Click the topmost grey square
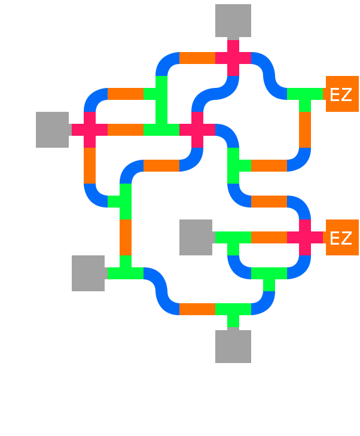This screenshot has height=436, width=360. pyautogui.click(x=233, y=21)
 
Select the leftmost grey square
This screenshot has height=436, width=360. pyautogui.click(x=53, y=129)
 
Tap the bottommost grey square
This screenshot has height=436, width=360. pyautogui.click(x=233, y=346)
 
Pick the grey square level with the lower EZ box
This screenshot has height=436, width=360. pyautogui.click(x=196, y=237)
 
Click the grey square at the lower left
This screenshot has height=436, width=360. pyautogui.click(x=89, y=273)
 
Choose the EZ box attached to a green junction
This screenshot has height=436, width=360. pyautogui.click(x=341, y=94)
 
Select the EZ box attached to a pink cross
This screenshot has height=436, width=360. pyautogui.click(x=341, y=237)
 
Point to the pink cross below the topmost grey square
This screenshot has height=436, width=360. pyautogui.click(x=233, y=58)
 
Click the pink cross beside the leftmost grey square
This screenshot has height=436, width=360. pyautogui.click(x=90, y=129)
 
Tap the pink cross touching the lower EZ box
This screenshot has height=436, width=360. pyautogui.click(x=305, y=237)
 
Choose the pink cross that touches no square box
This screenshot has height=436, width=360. pyautogui.click(x=197, y=129)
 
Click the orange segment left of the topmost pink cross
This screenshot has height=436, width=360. pyautogui.click(x=197, y=58)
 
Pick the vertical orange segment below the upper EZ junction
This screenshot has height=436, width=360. pyautogui.click(x=305, y=130)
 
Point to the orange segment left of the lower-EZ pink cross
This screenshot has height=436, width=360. pyautogui.click(x=269, y=237)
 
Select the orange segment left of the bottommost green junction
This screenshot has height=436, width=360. pyautogui.click(x=197, y=309)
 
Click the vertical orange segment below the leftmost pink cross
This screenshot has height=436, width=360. pyautogui.click(x=90, y=166)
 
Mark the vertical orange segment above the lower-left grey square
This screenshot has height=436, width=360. pyautogui.click(x=126, y=237)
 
